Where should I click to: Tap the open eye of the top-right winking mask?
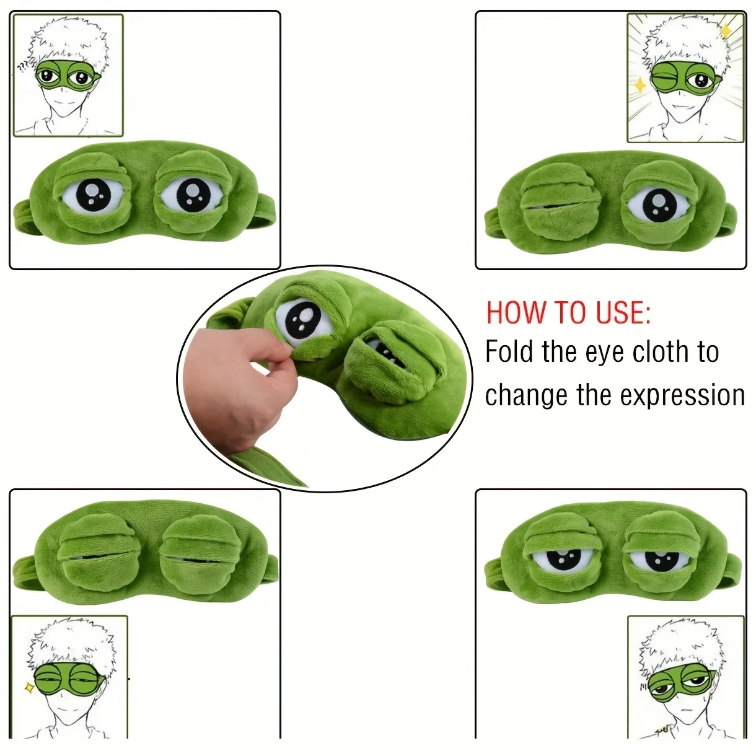[659, 204]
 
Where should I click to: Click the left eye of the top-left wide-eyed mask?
[94, 195]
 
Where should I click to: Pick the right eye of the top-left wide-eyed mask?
[192, 195]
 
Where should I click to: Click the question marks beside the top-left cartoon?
[23, 67]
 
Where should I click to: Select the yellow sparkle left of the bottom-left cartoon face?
[29, 687]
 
